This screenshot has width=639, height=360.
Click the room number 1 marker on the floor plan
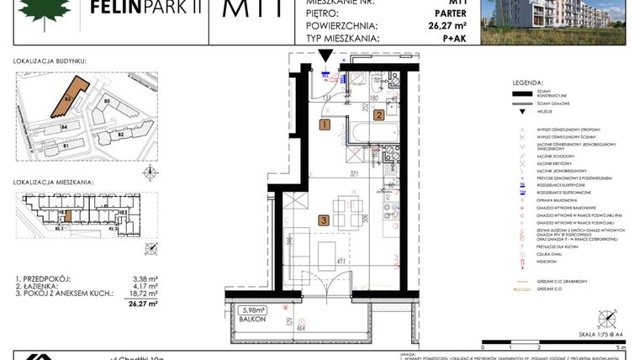(x=325, y=124)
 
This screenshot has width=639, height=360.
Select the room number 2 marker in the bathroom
(x=379, y=115)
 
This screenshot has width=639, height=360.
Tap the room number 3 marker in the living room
(x=324, y=221)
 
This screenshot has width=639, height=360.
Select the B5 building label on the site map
(x=107, y=102)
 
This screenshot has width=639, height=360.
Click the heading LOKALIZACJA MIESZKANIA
(x=53, y=182)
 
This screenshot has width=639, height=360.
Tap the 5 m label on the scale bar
(x=619, y=347)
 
